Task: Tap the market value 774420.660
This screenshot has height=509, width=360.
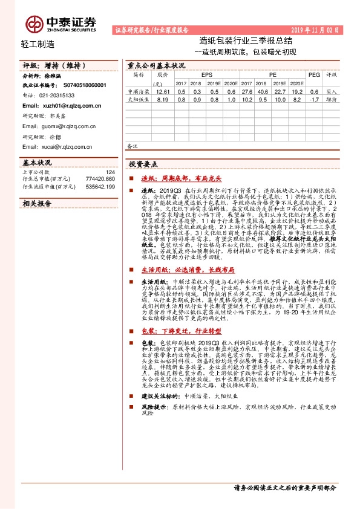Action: [x=100, y=180]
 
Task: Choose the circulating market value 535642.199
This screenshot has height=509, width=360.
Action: [x=100, y=187]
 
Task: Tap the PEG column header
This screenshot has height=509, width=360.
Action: [x=313, y=75]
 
